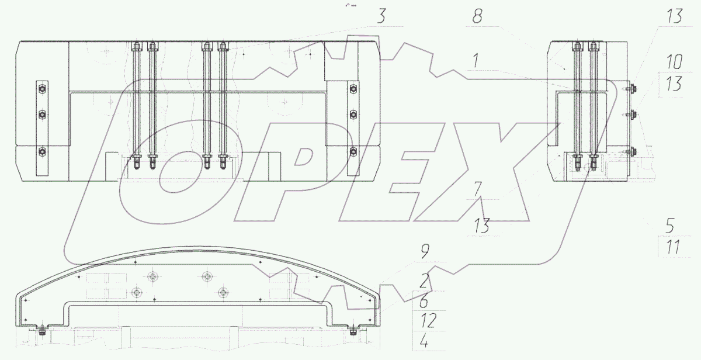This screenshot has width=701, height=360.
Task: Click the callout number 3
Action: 381,16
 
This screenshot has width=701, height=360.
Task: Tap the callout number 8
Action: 477,16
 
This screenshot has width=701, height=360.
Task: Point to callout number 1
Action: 476,60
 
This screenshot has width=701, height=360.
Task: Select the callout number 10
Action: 674,62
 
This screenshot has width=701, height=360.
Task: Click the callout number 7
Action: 478,189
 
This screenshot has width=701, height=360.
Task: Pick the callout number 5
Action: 670,226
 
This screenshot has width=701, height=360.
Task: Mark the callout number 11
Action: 673,247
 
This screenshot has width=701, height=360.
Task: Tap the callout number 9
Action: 425,252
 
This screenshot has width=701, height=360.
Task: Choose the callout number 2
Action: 424,281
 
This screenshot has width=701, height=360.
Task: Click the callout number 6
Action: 424,301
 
